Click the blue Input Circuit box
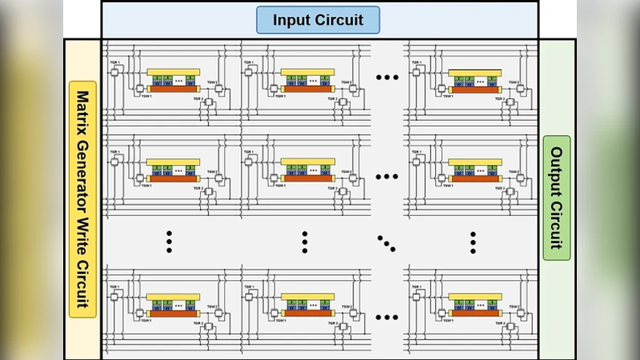coord(318,20)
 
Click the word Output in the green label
coord(556,170)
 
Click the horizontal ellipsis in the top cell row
coord(386,78)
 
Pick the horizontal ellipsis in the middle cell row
coord(386,178)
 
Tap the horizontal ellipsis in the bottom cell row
coord(386,318)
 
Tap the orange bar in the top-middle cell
coord(307,88)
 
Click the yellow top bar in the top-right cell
coord(475,72)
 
